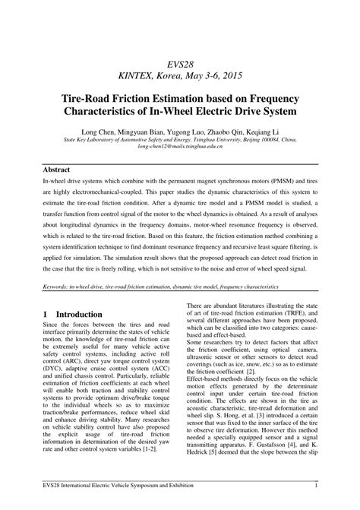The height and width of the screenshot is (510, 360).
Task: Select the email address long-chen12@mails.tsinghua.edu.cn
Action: click(x=180, y=147)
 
